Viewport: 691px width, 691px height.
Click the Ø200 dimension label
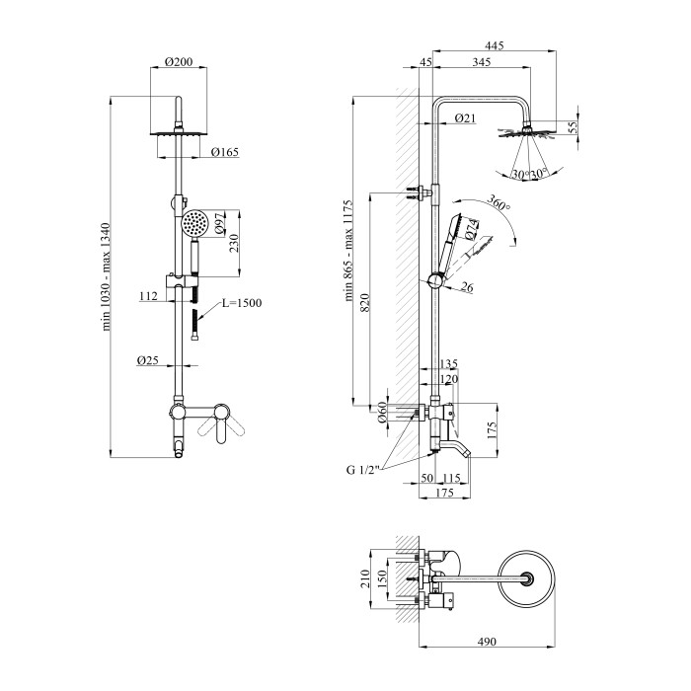coord(179,61)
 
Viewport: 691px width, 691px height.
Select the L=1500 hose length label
coord(242,302)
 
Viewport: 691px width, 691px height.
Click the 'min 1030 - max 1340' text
coord(119,276)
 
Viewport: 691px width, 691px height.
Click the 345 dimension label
coord(483,63)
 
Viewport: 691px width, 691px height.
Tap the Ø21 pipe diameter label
coord(466,118)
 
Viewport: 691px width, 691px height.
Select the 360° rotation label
coord(499,205)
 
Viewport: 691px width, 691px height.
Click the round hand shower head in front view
coord(196,224)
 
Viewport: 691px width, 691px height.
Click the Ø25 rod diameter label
coord(147,360)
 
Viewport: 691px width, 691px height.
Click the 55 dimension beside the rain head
coord(572,125)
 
